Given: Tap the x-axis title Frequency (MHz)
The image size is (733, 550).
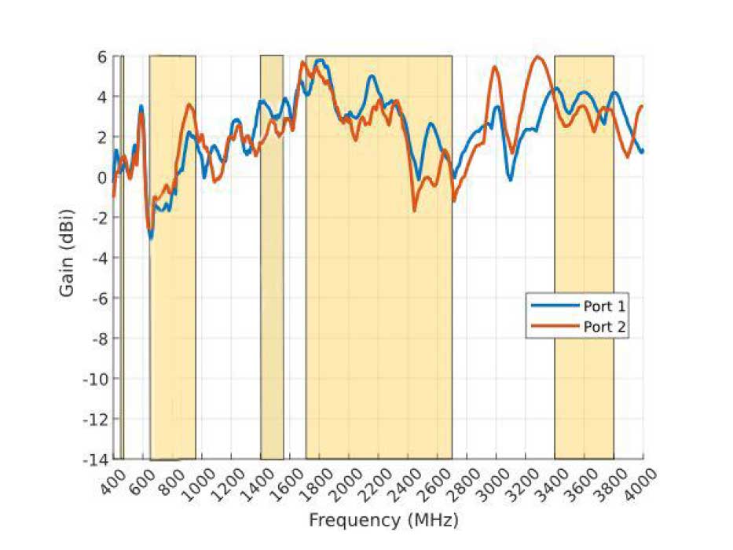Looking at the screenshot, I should [383, 520].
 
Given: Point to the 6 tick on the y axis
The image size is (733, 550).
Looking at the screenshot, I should [101, 57].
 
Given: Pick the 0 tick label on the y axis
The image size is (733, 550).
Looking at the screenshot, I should [101, 178].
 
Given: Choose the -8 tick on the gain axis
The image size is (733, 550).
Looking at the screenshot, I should [98, 338].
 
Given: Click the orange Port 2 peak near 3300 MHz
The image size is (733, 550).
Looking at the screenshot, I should [538, 57].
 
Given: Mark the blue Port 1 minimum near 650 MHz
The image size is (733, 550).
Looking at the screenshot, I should [151, 237].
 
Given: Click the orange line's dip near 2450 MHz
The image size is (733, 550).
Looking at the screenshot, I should [414, 210].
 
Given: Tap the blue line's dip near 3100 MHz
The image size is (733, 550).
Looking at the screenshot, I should [510, 180].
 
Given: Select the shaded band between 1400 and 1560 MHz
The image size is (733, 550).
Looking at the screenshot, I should [272, 314].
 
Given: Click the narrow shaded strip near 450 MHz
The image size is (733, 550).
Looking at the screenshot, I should [122, 314].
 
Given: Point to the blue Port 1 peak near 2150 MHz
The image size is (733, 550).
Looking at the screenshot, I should [371, 76].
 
